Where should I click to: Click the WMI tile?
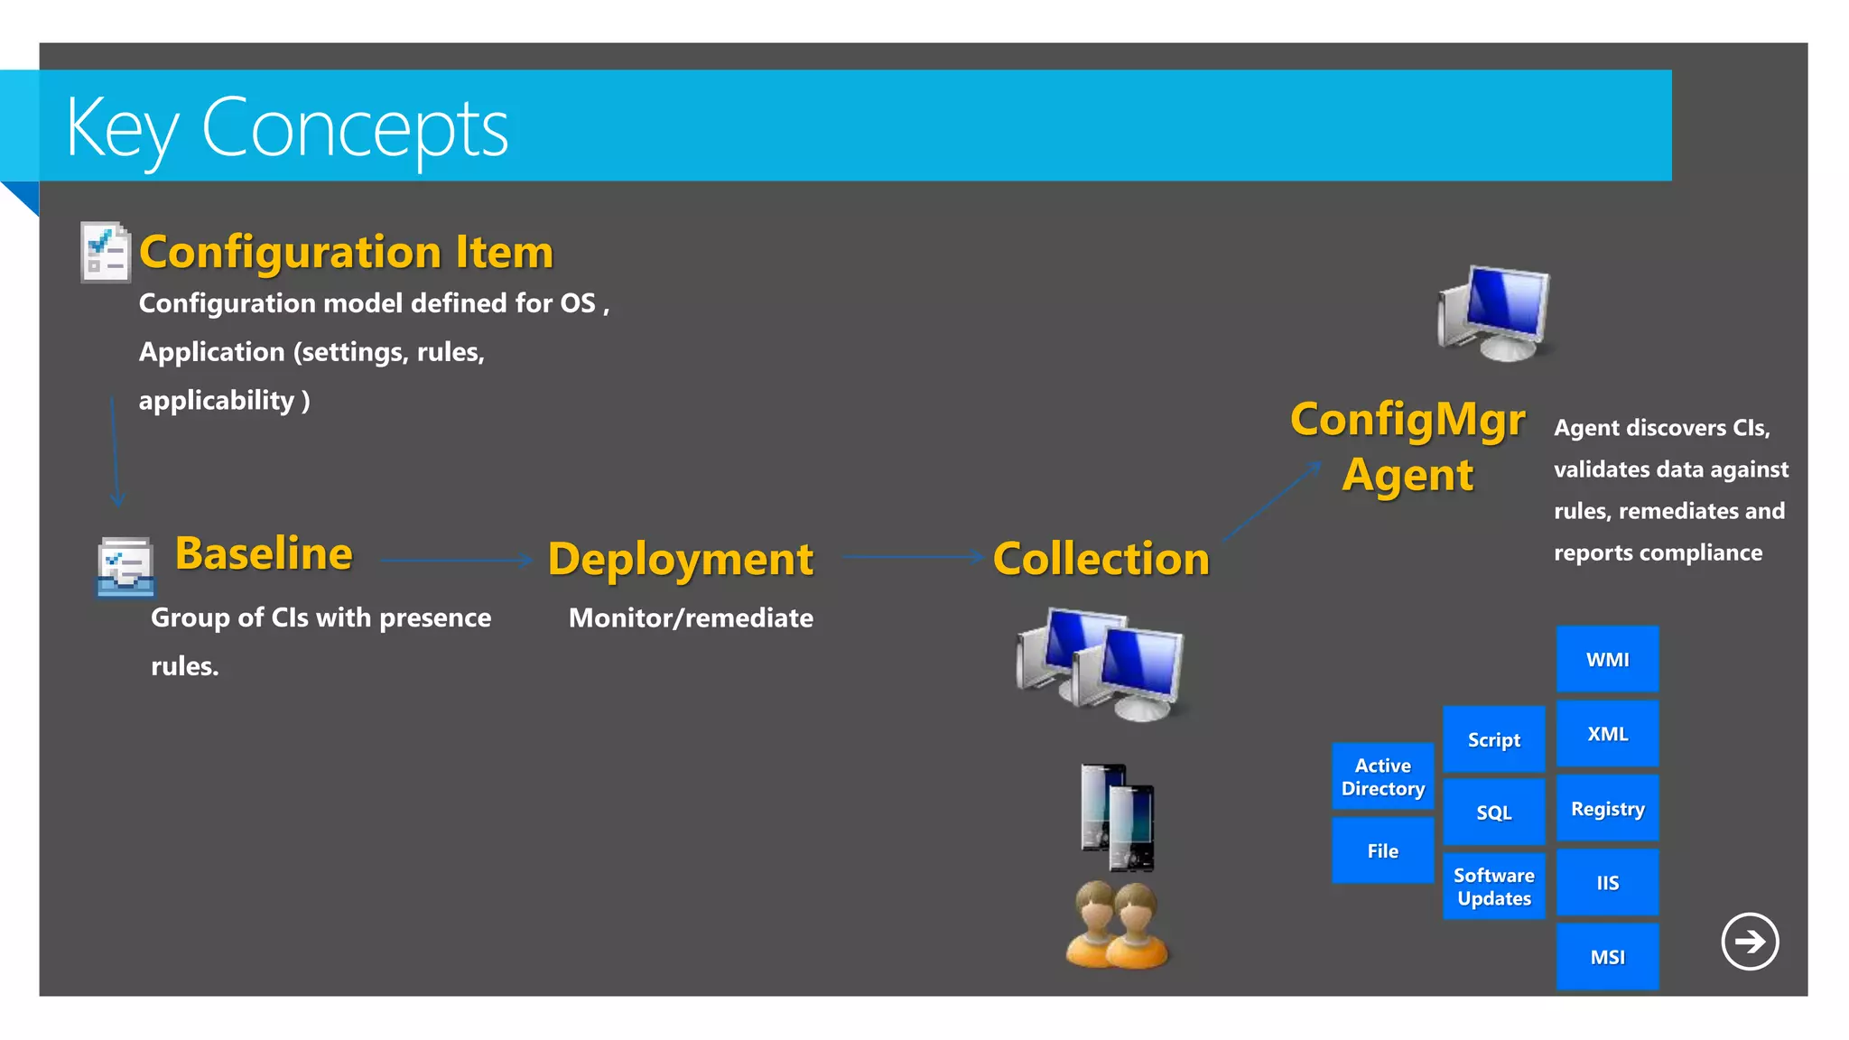[x=1607, y=659]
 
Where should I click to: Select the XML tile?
[x=1607, y=734]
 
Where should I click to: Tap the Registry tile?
[x=1607, y=809]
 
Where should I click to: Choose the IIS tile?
[x=1607, y=883]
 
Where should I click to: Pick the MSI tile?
[x=1607, y=957]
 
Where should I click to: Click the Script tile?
[x=1493, y=739]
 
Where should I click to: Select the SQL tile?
[x=1493, y=812]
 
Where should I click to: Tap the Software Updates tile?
[x=1493, y=887]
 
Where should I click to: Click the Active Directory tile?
[x=1382, y=776]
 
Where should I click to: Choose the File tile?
[x=1382, y=850]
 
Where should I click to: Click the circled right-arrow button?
[x=1749, y=942]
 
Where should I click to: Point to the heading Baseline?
[x=264, y=553]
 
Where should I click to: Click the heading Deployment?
[x=680, y=559]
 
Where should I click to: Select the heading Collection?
[x=1101, y=559]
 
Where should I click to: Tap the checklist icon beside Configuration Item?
[x=105, y=252]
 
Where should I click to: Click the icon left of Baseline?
[x=125, y=568]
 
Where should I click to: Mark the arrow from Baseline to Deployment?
[x=456, y=560]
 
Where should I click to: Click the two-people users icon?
[x=1117, y=925]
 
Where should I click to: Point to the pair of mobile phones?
[x=1118, y=818]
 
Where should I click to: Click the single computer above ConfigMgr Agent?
[x=1495, y=313]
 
